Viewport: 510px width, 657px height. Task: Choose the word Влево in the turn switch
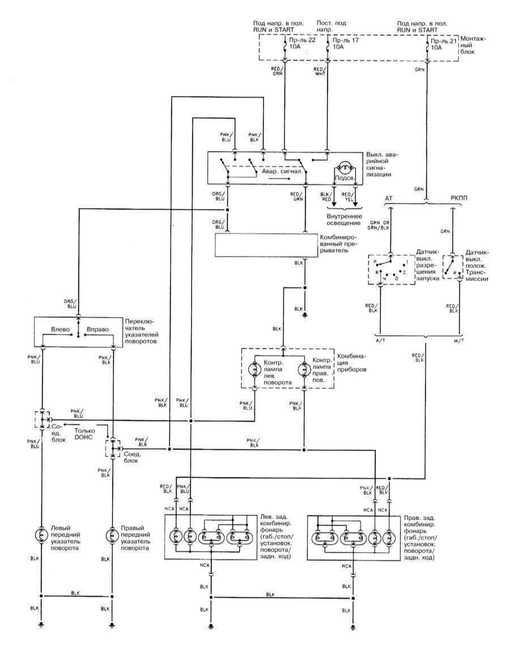(x=61, y=329)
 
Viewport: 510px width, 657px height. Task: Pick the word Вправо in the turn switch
(x=97, y=329)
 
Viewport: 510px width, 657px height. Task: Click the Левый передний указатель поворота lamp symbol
(x=41, y=534)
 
